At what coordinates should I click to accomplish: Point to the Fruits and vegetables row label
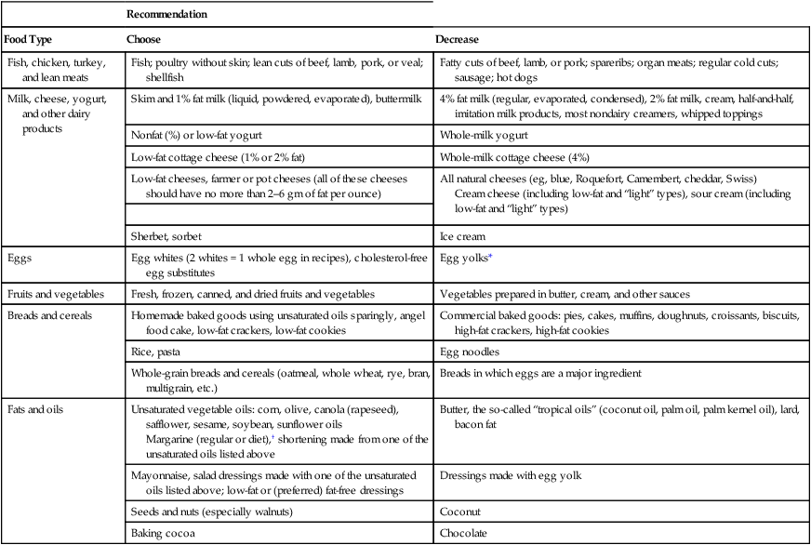[x=52, y=293]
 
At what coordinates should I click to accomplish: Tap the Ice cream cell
[x=460, y=236]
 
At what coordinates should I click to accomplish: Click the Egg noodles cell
[x=467, y=352]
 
